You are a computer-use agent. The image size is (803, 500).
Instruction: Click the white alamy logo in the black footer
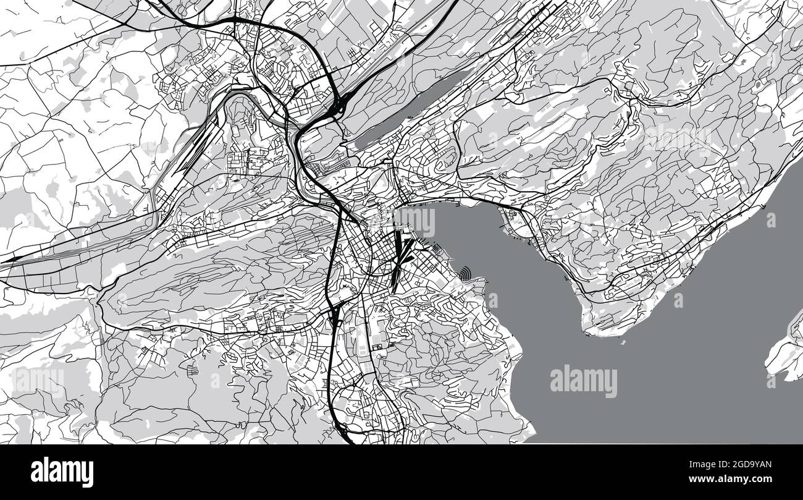[x=62, y=472]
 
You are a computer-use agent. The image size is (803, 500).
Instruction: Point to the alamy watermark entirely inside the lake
[x=583, y=381]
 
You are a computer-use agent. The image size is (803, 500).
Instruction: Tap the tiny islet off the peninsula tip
[x=623, y=341]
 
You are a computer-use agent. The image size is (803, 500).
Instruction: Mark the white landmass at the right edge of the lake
[x=784, y=352]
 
